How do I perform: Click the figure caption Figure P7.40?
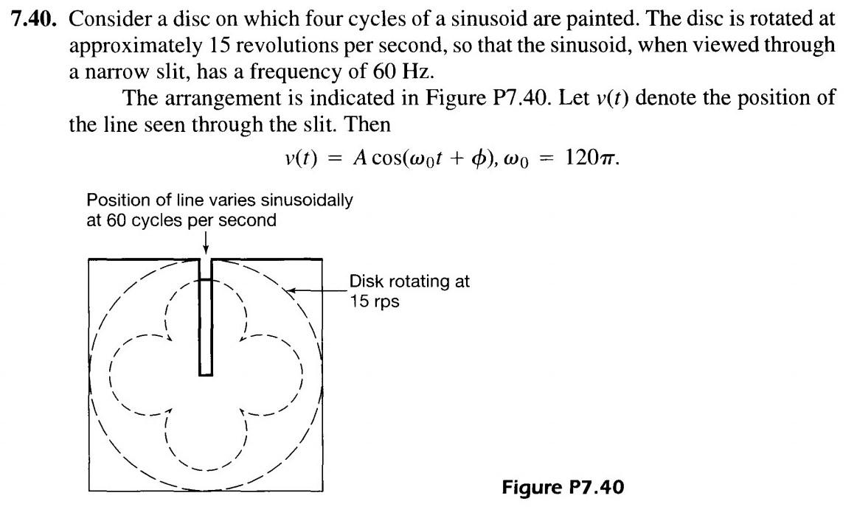coord(563,487)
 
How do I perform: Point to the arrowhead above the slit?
coord(205,249)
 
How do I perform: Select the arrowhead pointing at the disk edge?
coord(292,292)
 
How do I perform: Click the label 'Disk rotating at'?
coord(409,281)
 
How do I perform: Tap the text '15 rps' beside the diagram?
coord(375,301)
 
